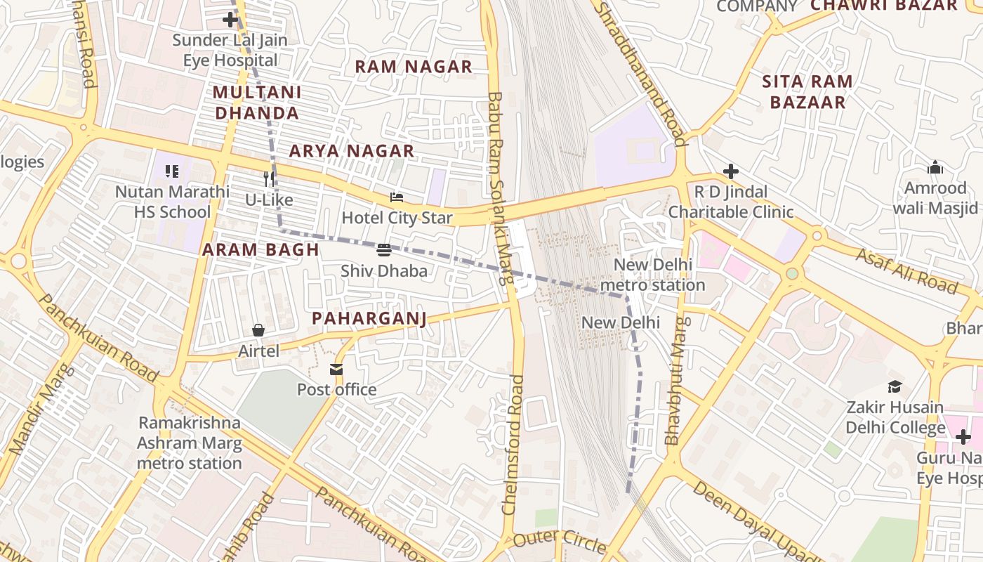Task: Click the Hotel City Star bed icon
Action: point(397,197)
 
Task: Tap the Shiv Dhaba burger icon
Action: point(383,249)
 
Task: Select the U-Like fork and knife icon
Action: point(268,178)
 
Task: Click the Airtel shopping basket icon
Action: point(258,329)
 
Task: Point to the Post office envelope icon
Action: point(336,369)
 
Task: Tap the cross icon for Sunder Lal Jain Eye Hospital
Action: point(230,19)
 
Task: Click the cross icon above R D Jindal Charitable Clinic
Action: point(731,171)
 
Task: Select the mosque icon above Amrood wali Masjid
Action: point(935,167)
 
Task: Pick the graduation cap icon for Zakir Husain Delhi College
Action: point(895,386)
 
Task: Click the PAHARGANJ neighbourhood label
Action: point(369,318)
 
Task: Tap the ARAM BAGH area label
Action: point(261,249)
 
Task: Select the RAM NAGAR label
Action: point(414,67)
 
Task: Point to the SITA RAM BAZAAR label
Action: point(807,92)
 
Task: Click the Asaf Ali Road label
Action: point(906,270)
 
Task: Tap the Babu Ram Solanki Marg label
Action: point(499,188)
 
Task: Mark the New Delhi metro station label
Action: point(653,275)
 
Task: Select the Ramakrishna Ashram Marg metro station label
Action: point(190,443)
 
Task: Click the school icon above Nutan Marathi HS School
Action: point(172,171)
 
